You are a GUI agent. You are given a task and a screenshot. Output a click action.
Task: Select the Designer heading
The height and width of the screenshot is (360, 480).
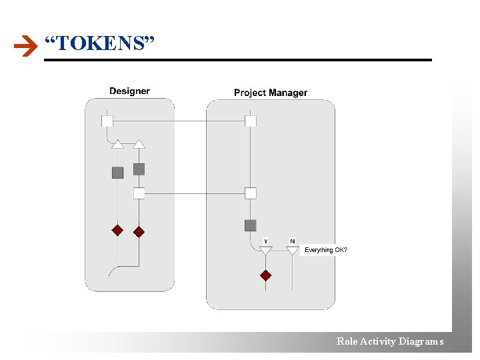point(129,91)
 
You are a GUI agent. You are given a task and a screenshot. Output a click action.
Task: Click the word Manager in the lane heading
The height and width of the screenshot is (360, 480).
point(288,93)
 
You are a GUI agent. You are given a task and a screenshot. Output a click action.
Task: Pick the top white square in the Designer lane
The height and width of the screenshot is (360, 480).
point(107,121)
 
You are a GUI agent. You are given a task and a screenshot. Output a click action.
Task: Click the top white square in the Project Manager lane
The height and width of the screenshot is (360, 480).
point(251,121)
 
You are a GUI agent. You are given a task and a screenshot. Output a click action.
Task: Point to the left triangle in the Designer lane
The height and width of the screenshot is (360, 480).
point(117,143)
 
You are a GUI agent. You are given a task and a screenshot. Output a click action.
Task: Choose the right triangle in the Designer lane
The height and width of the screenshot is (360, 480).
point(139,143)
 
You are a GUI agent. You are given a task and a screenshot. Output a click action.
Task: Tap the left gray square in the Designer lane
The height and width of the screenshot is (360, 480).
point(117,173)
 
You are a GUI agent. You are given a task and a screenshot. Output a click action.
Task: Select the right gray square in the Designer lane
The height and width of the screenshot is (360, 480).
point(139,169)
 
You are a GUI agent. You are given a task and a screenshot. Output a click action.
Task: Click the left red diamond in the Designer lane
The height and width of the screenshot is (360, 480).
point(117,231)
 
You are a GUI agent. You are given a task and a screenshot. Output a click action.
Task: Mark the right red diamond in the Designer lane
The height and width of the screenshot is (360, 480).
point(139,233)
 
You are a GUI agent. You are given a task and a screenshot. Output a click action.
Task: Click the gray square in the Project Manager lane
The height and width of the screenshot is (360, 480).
point(251,225)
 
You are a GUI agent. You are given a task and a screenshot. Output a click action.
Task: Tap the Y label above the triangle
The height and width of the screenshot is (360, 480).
point(266,241)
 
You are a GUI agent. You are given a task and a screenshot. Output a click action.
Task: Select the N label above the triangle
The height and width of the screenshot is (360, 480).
point(292,241)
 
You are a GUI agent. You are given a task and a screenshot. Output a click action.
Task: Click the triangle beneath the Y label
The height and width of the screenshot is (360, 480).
point(266,251)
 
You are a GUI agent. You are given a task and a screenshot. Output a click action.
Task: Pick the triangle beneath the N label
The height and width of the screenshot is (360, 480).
point(292,251)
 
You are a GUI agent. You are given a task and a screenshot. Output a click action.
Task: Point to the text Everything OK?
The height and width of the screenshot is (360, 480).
point(326,250)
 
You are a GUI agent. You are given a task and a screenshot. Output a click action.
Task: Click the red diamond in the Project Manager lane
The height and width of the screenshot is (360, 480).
point(266,275)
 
